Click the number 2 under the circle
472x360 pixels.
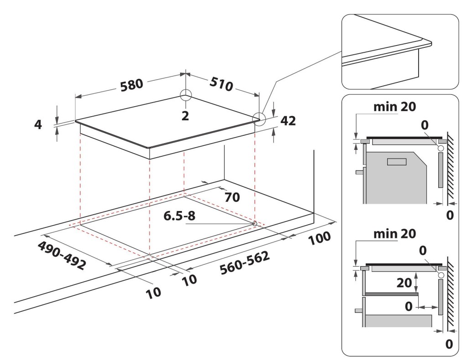point(185,115)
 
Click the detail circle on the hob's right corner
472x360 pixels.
point(259,118)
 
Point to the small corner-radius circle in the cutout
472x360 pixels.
point(254,224)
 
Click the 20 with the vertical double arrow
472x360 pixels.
point(405,282)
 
